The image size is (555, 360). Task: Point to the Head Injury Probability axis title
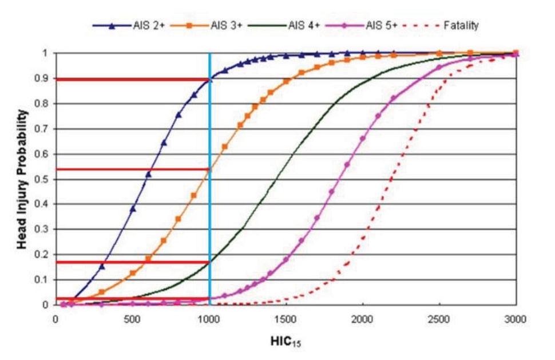pos(21,179)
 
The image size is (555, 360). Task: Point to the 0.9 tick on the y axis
pos(42,79)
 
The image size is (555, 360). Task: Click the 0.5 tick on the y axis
pos(42,179)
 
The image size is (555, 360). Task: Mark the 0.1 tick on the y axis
pos(42,280)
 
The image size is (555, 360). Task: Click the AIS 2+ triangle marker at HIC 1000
pos(210,79)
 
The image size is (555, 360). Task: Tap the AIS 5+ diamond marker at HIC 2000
pos(363,139)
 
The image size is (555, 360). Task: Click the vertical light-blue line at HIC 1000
pos(210,229)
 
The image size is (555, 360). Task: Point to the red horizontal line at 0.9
pos(132,79)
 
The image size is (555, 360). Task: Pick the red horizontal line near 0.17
pos(132,262)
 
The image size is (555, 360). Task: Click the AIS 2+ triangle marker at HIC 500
pos(133,208)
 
